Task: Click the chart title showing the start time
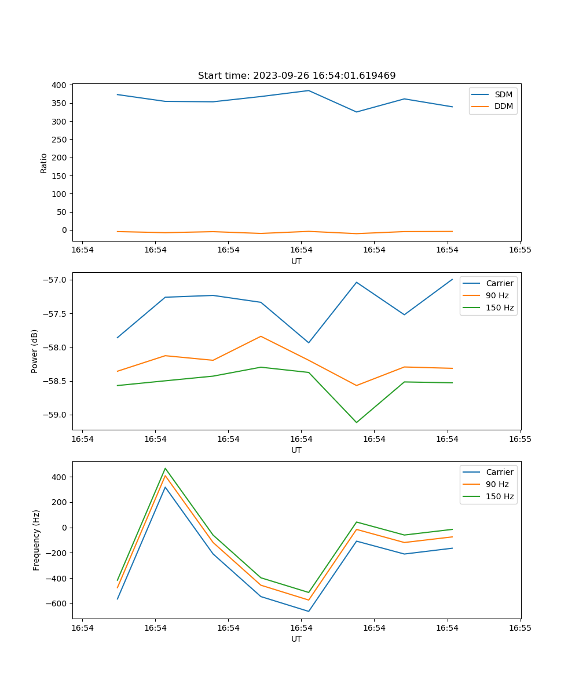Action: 296,76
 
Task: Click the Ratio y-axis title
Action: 44,163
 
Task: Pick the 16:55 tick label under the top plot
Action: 520,250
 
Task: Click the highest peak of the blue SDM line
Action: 309,90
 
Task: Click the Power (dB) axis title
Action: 35,351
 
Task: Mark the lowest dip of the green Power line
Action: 356,422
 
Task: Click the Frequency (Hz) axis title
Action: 36,540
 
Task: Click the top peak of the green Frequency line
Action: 165,468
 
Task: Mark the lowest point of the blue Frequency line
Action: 309,611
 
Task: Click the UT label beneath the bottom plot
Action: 296,639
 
